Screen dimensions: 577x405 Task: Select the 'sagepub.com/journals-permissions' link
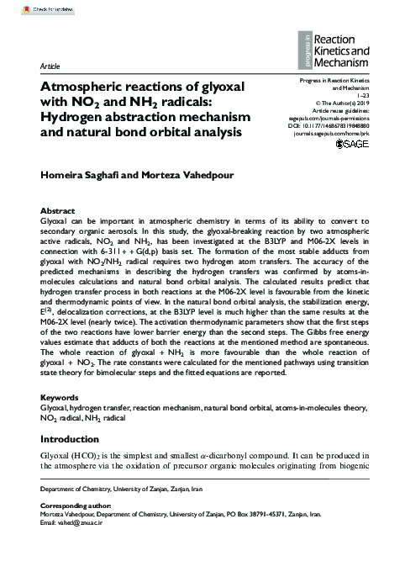pyautogui.click(x=326, y=119)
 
